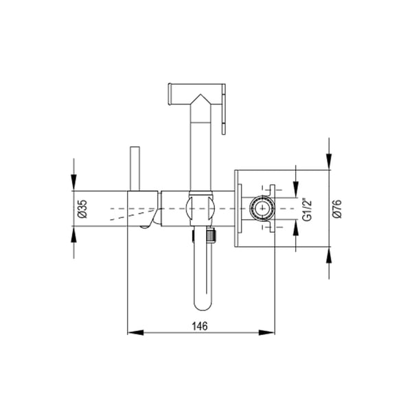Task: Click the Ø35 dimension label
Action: pyautogui.click(x=82, y=209)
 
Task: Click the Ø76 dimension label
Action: pyautogui.click(x=337, y=209)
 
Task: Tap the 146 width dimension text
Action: pyautogui.click(x=200, y=326)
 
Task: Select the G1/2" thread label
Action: pyautogui.click(x=307, y=209)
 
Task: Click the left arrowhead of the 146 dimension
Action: pyautogui.click(x=135, y=332)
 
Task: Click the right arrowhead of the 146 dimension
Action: pyautogui.click(x=266, y=332)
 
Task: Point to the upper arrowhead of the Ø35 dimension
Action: pyautogui.click(x=74, y=182)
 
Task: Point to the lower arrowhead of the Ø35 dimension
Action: pyautogui.click(x=74, y=234)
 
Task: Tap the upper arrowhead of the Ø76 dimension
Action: pyautogui.click(x=329, y=161)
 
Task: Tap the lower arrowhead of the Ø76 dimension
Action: pyautogui.click(x=329, y=255)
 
